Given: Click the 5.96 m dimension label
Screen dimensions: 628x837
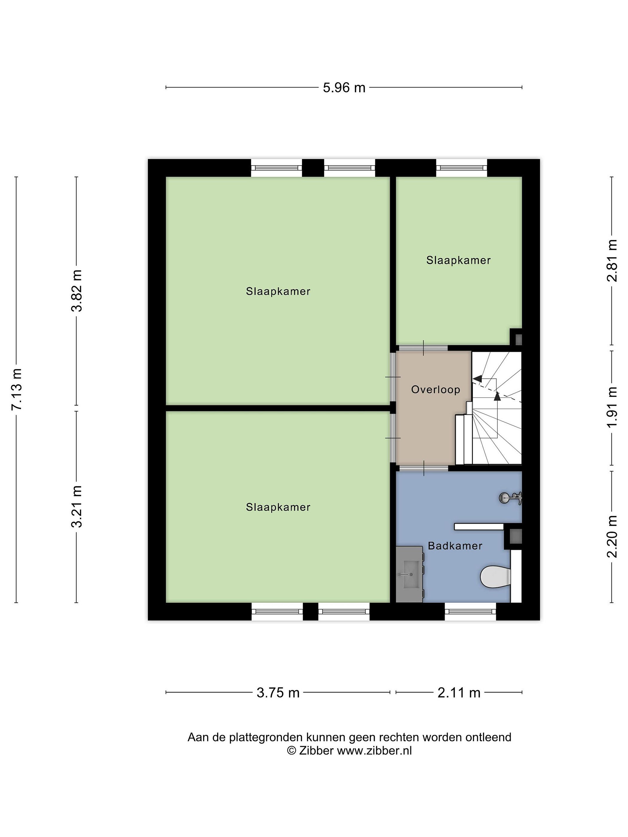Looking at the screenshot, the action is click(344, 88).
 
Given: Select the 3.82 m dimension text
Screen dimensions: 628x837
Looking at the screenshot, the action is click(77, 291).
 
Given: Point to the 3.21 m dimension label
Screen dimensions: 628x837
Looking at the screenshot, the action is click(77, 506).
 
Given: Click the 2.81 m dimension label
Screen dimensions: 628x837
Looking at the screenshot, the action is click(612, 261).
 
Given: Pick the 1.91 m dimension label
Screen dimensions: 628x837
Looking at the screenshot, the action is click(612, 407).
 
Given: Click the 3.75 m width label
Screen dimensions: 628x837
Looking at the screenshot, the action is click(278, 693).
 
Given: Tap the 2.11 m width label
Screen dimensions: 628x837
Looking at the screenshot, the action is click(459, 693).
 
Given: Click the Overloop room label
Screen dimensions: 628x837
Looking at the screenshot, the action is click(436, 389).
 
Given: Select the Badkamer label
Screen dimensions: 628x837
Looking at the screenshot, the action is click(455, 546).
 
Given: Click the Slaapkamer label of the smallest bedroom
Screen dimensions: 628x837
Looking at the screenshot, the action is click(458, 260).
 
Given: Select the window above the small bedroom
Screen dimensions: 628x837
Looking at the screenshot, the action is click(461, 168).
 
